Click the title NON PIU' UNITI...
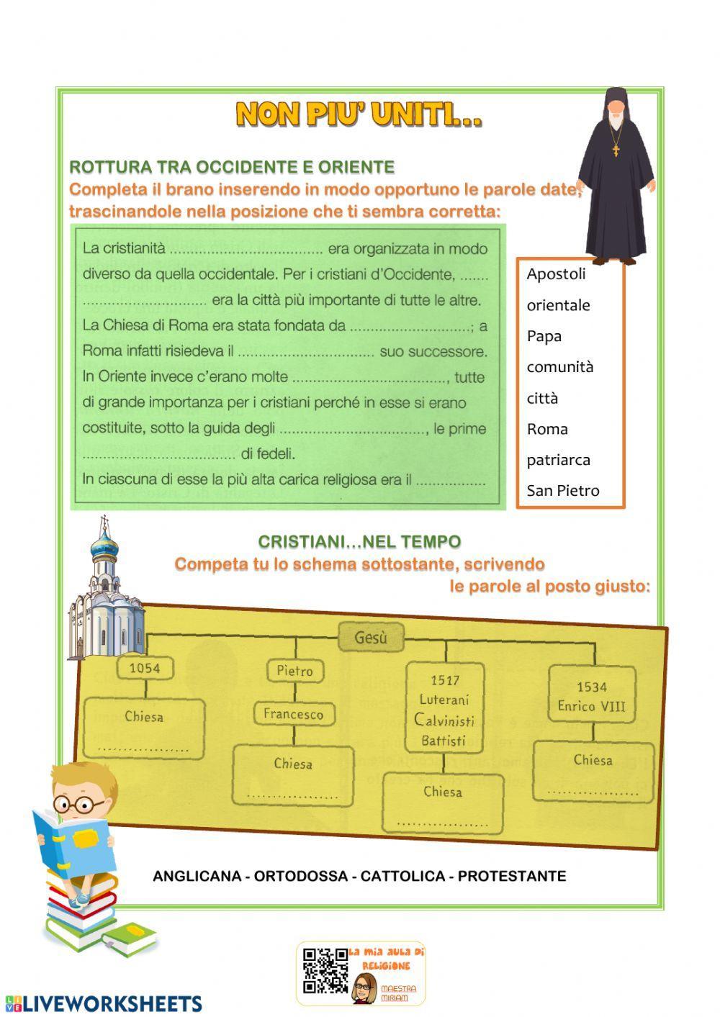coord(359,114)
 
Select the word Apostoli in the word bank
coord(556,274)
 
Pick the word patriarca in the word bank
coord(558,460)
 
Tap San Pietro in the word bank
coord(562,491)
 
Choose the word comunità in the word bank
coord(559,367)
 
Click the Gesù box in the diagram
coord(371,637)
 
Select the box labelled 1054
coord(145,668)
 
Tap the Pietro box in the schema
coord(295,671)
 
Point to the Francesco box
coord(293,714)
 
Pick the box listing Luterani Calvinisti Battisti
coord(444,709)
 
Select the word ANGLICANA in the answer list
coord(197,876)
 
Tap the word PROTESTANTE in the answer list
coord(512,876)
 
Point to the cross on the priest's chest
coord(616,150)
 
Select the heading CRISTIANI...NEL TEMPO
coord(359,541)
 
